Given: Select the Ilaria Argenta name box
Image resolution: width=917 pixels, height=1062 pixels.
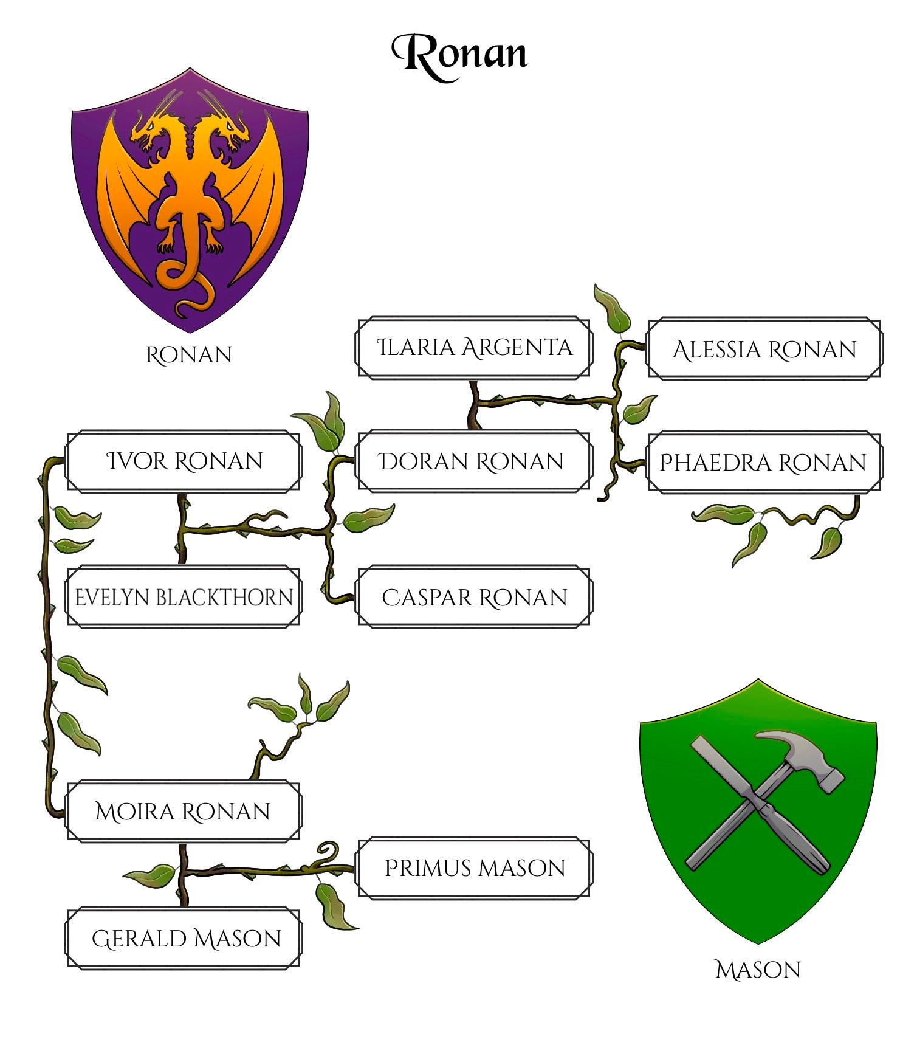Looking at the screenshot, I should point(473,348).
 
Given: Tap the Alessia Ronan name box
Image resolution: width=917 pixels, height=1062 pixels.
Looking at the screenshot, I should point(764,350).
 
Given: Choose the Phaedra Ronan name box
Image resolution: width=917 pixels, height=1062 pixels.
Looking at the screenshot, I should point(764,463).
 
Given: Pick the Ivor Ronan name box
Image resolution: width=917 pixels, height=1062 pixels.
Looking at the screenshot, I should point(184,461).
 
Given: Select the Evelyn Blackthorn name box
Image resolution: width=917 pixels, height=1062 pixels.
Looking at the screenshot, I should point(184,598).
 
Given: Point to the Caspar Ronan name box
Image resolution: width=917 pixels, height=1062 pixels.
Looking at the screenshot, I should point(473,598).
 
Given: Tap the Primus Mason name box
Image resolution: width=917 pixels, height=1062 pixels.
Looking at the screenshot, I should point(475,868).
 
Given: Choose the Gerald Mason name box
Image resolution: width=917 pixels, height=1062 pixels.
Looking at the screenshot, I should point(184,939).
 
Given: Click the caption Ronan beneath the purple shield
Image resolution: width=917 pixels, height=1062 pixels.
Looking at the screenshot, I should point(189,355).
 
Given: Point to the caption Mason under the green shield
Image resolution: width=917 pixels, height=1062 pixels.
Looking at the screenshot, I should point(758,970).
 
